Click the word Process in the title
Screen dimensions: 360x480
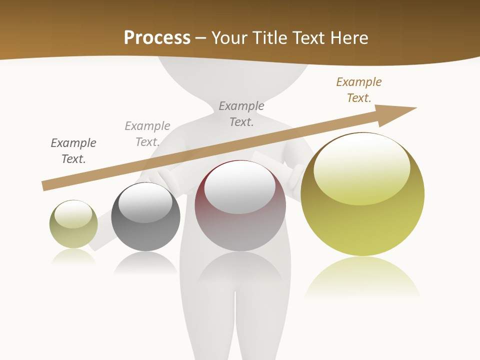[157, 38]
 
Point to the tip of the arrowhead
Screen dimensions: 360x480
[416, 108]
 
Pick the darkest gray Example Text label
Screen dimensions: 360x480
[73, 151]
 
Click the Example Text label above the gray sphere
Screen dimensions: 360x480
[147, 134]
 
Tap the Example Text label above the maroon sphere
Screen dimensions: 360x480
[241, 114]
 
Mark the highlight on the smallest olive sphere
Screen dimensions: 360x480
[73, 214]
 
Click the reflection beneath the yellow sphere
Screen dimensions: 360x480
[362, 277]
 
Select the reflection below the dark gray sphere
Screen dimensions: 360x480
[145, 262]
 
